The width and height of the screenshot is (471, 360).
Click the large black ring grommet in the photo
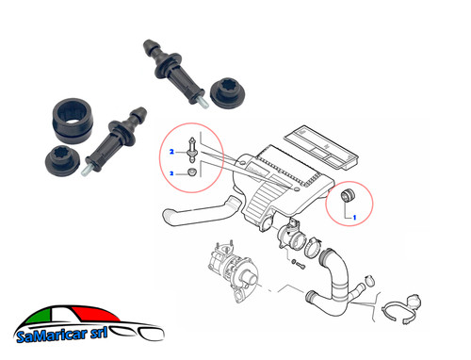(73, 121)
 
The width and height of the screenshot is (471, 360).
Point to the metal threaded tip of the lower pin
(86, 171)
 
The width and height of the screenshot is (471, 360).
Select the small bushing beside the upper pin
(227, 92)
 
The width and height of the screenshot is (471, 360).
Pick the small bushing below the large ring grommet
(62, 160)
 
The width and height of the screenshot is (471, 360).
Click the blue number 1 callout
(354, 217)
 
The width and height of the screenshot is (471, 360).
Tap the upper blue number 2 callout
(171, 152)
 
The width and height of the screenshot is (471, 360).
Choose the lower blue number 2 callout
(171, 173)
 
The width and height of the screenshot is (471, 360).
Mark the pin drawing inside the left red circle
(191, 150)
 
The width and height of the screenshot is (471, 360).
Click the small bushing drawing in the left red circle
(192, 172)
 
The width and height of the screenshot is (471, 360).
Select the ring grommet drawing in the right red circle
(348, 195)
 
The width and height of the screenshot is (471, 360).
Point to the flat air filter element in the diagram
(320, 147)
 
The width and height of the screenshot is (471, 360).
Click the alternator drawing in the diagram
(233, 270)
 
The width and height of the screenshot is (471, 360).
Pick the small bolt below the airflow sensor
(298, 265)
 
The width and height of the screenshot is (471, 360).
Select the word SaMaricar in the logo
(52, 335)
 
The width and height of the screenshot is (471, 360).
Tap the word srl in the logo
(99, 333)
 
